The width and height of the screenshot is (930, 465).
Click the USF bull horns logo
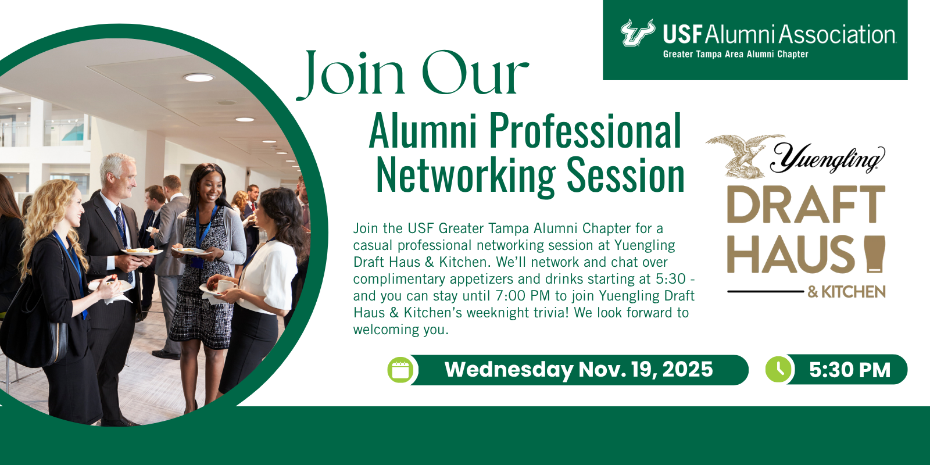638,32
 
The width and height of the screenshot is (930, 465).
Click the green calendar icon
400,370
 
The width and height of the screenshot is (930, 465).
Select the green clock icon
778,369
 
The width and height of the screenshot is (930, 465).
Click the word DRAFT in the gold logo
806,205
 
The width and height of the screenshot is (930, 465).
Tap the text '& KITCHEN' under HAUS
846,292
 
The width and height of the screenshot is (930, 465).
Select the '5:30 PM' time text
849,370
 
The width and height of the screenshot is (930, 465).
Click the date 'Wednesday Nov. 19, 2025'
578,370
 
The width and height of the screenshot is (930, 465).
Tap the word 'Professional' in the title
585,130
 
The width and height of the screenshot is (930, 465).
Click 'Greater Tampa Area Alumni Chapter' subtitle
735,55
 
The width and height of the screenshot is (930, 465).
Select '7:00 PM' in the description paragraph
523,296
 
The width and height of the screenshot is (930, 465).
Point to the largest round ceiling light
199,78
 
